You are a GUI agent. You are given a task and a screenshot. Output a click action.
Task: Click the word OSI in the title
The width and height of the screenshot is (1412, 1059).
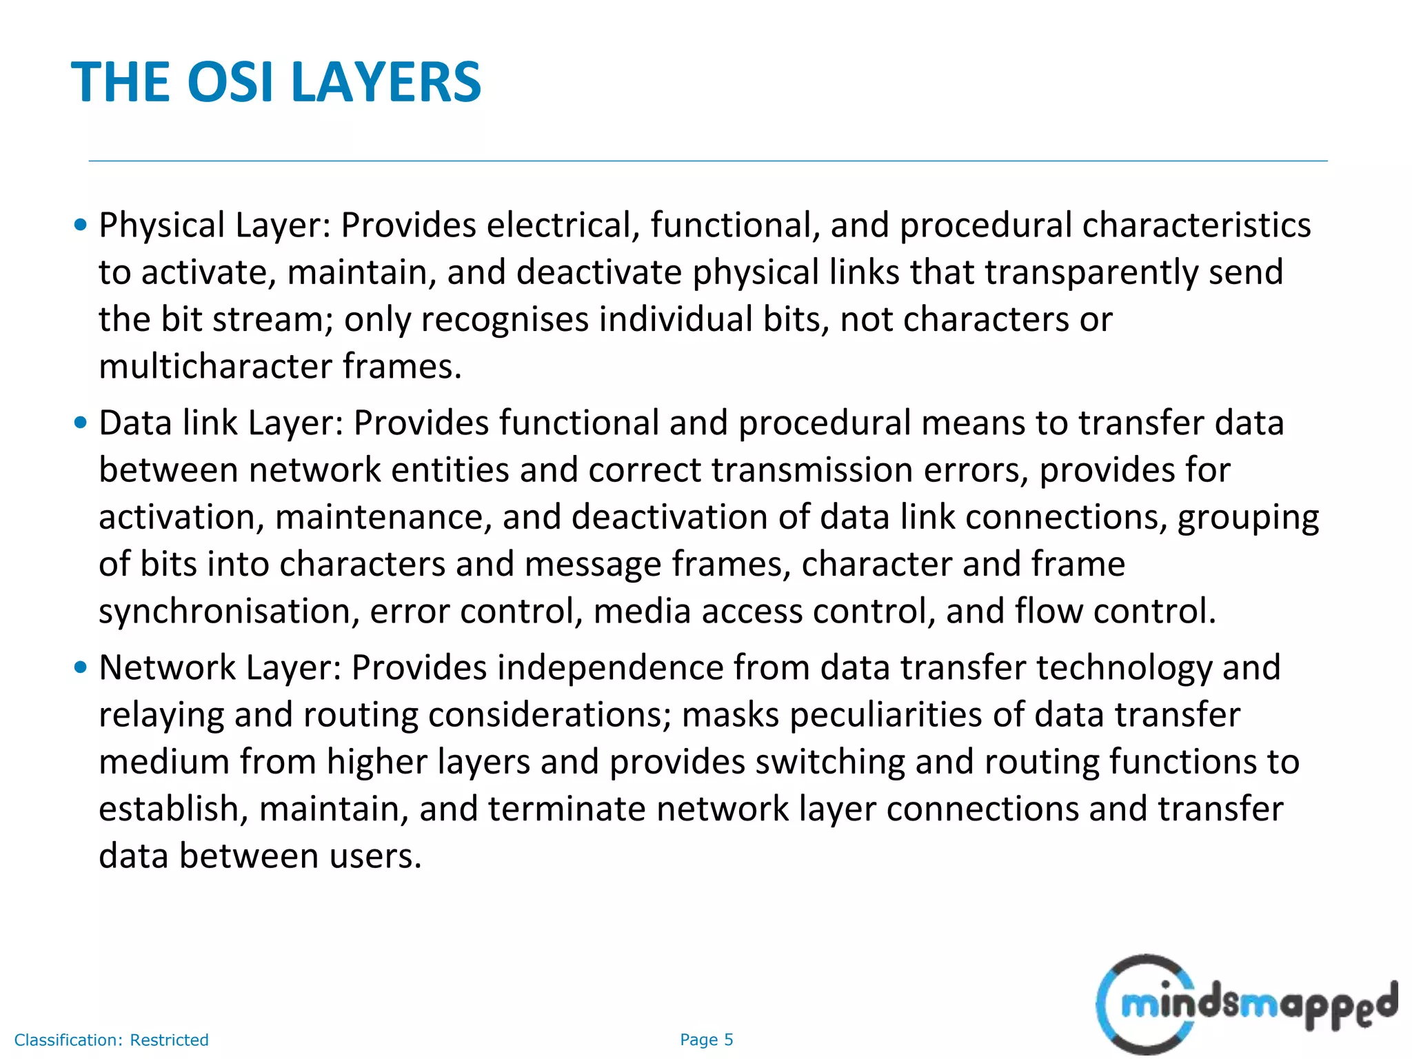point(231,82)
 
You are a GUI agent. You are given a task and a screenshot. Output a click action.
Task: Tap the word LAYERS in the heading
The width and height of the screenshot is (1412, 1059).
point(386,82)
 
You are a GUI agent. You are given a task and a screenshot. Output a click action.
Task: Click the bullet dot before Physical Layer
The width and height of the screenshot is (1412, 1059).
point(81,225)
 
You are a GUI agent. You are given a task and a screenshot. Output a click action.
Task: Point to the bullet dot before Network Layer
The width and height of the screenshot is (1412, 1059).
point(81,667)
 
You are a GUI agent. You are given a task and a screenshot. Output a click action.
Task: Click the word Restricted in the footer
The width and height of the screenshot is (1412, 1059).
point(169,1040)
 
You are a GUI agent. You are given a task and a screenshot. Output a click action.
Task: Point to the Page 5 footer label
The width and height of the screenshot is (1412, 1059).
point(706,1040)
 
